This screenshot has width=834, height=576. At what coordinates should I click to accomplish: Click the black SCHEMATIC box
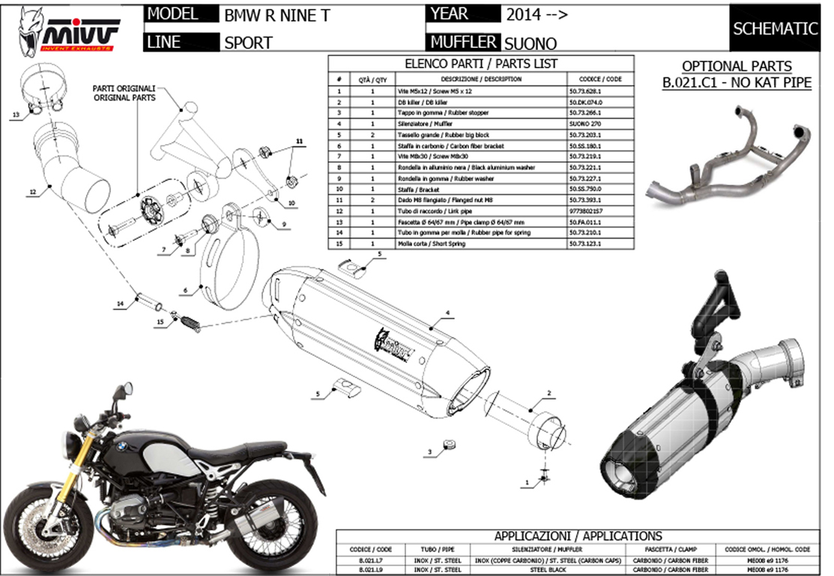click(x=775, y=29)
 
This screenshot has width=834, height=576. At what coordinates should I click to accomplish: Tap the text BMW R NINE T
click(x=277, y=15)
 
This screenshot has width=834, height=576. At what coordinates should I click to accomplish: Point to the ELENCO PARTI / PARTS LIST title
click(x=480, y=64)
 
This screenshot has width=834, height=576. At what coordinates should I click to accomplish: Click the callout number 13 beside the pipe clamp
click(x=16, y=115)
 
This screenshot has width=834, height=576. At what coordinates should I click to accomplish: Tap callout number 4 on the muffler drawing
click(x=447, y=312)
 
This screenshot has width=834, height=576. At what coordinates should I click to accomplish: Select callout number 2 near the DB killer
click(x=549, y=393)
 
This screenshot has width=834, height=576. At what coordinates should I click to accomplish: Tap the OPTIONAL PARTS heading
click(x=737, y=66)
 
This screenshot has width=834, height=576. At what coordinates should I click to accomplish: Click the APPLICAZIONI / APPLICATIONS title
click(x=578, y=535)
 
